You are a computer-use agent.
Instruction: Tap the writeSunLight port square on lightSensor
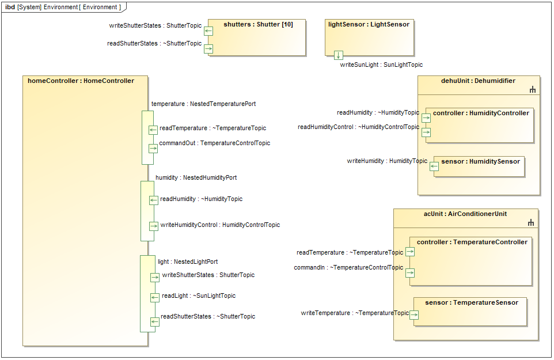click(339, 55)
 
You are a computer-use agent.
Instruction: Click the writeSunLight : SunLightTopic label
click(381, 65)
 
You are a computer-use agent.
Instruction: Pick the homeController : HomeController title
click(81, 81)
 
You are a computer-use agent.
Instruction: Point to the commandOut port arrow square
click(153, 148)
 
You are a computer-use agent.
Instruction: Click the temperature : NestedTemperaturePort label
click(203, 104)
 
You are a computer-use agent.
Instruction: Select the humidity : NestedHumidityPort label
click(196, 178)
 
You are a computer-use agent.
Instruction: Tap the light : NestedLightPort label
click(188, 262)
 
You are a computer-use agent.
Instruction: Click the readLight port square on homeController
click(154, 298)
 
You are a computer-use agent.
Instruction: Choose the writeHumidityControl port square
click(154, 226)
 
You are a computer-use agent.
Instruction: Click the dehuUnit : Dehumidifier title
click(478, 81)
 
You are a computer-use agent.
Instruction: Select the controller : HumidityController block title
click(481, 113)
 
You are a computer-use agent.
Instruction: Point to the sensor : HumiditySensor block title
click(480, 162)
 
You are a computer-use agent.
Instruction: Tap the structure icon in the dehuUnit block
click(533, 90)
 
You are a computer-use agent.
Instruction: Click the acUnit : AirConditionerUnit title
click(465, 214)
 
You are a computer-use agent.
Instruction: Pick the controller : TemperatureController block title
click(472, 242)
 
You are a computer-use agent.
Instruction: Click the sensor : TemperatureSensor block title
click(471, 303)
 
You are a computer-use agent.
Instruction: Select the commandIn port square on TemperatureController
click(410, 273)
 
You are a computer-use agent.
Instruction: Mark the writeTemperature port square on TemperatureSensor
click(414, 315)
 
